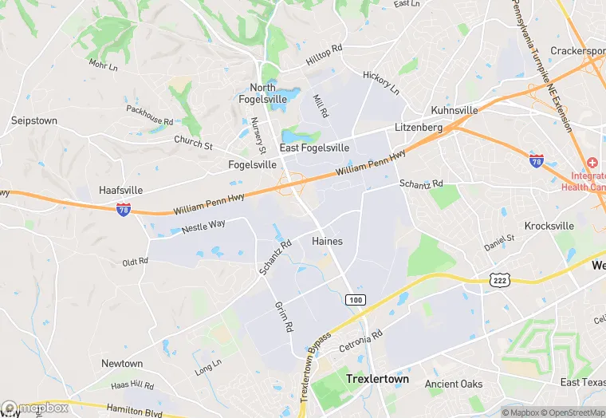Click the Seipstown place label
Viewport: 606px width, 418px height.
(x=34, y=120)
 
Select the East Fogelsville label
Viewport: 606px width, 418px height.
(x=313, y=148)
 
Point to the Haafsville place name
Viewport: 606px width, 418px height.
(x=120, y=191)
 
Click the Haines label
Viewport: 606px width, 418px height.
(x=327, y=241)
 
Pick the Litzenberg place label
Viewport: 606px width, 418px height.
(x=418, y=128)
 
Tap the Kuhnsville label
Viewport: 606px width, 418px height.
(x=454, y=110)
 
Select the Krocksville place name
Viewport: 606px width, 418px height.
(x=549, y=226)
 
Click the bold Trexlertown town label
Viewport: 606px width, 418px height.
(x=377, y=379)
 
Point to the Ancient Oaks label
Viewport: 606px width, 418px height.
(x=454, y=384)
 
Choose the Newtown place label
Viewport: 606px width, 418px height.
(x=122, y=363)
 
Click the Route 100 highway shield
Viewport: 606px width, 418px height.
(x=356, y=299)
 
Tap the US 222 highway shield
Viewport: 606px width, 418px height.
(x=499, y=279)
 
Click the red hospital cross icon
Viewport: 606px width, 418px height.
(x=593, y=162)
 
